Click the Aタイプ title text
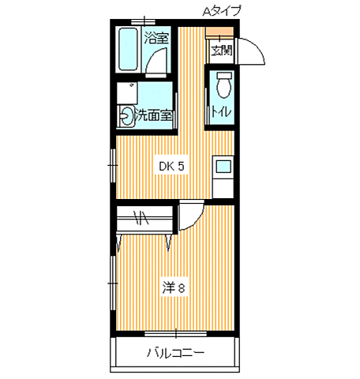tap(222, 10)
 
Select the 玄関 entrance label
tap(222, 51)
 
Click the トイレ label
tap(221, 111)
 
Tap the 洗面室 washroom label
tap(154, 115)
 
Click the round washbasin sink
tap(126, 116)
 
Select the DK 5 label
tap(172, 166)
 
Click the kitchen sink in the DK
tap(223, 167)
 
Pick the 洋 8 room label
tap(174, 287)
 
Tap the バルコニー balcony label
tap(175, 352)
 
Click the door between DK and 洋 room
tap(189, 216)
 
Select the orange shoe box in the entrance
tap(219, 33)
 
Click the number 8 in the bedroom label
tap(182, 287)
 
